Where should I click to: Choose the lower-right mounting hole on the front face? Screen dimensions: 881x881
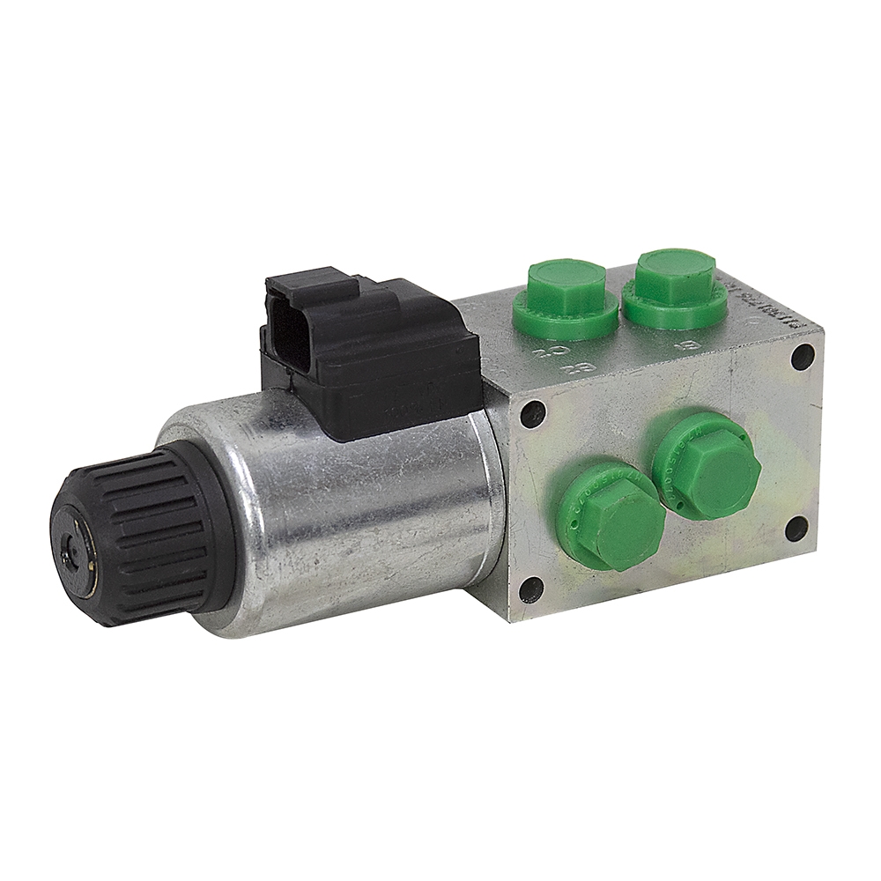(795, 528)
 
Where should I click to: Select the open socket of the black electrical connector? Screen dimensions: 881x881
(284, 343)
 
